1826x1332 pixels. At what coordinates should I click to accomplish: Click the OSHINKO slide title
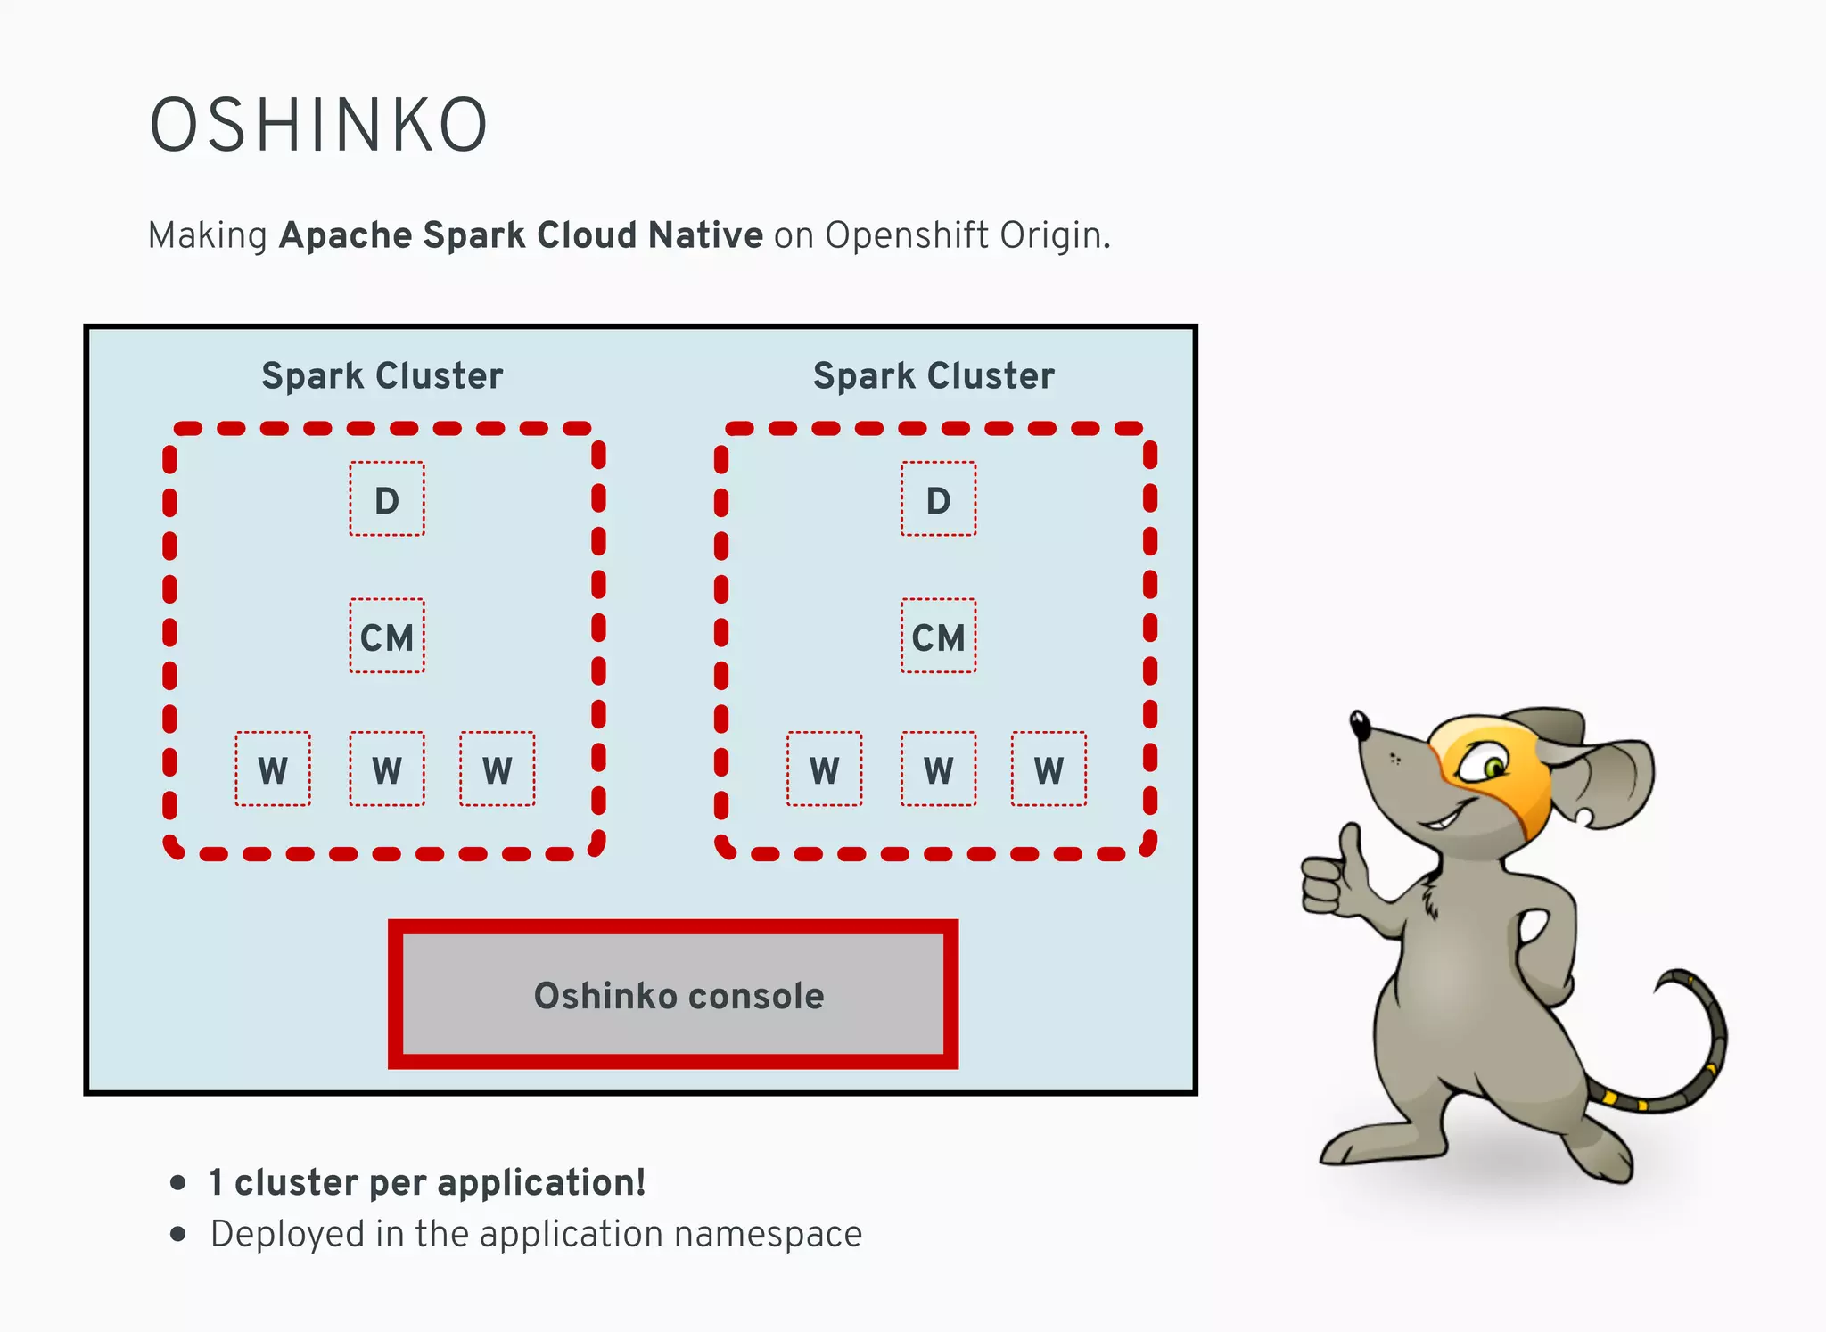[x=318, y=126]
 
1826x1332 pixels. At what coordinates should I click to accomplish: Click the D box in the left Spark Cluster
[x=386, y=499]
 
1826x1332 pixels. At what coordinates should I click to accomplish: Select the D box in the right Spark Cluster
[x=938, y=499]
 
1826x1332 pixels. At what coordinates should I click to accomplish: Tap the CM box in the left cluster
[x=386, y=637]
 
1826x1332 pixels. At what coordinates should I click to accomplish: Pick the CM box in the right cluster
[x=938, y=637]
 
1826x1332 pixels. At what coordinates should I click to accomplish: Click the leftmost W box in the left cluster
[x=273, y=769]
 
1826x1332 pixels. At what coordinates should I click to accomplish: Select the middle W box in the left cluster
[x=386, y=769]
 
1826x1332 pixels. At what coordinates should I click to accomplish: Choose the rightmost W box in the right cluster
[x=1049, y=769]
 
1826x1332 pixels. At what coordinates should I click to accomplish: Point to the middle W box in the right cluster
[x=938, y=769]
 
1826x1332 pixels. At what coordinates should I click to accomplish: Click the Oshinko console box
[x=674, y=995]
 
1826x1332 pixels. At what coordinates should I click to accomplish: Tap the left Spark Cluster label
[x=382, y=376]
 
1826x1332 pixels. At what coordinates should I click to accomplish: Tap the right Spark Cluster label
[x=934, y=376]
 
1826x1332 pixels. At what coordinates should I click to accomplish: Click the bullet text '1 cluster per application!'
[x=427, y=1183]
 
